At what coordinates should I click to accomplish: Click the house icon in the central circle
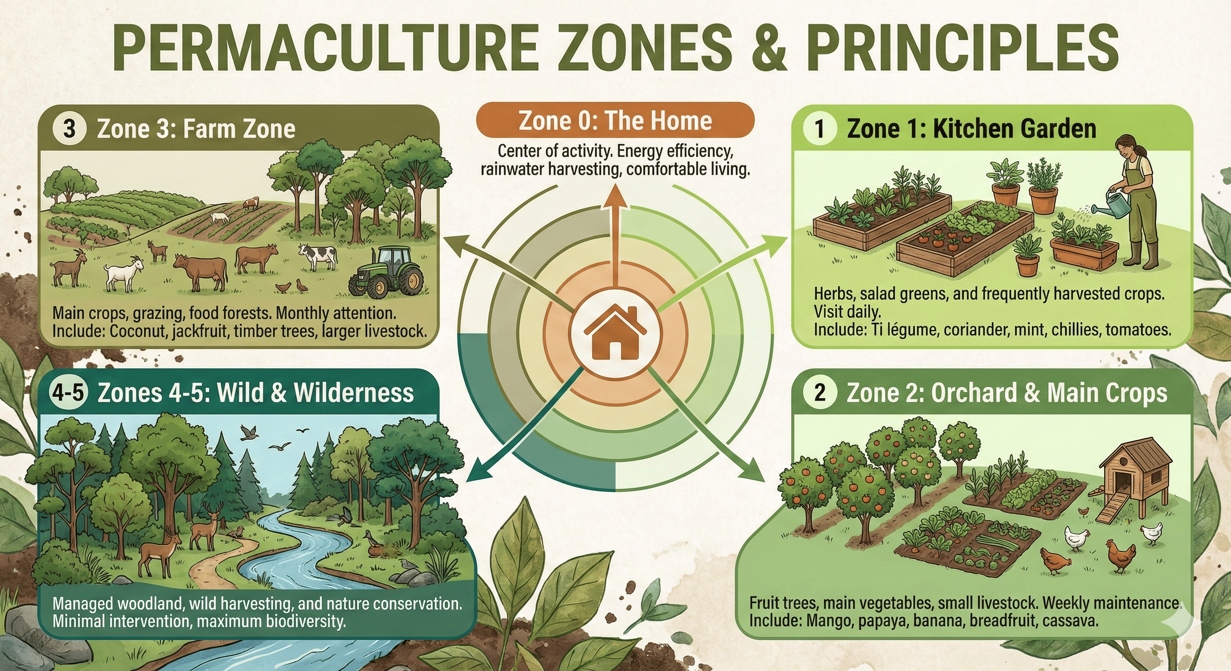615,332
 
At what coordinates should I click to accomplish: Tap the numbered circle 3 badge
70,129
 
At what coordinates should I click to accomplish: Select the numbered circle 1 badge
820,129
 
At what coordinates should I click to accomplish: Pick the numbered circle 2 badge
820,393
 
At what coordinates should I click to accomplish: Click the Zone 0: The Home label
615,120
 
